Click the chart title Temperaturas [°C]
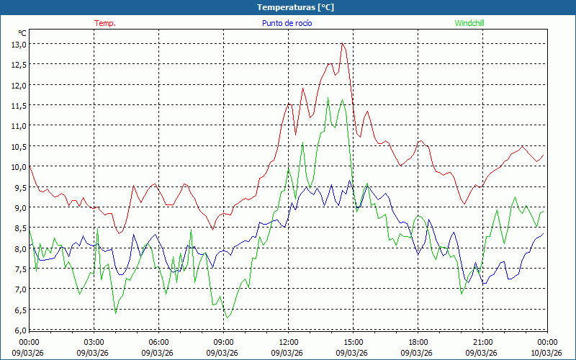(x=295, y=7)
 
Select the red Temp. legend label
(x=105, y=23)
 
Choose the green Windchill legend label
(x=469, y=23)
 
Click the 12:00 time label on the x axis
(x=288, y=342)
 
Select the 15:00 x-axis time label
(x=353, y=342)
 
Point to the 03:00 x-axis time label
(x=94, y=342)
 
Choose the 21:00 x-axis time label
(x=482, y=342)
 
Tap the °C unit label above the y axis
(x=22, y=33)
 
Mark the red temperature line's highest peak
(x=343, y=44)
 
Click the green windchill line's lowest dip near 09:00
(x=227, y=318)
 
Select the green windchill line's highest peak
(x=328, y=99)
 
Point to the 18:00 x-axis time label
(x=418, y=342)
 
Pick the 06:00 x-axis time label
(x=158, y=342)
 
